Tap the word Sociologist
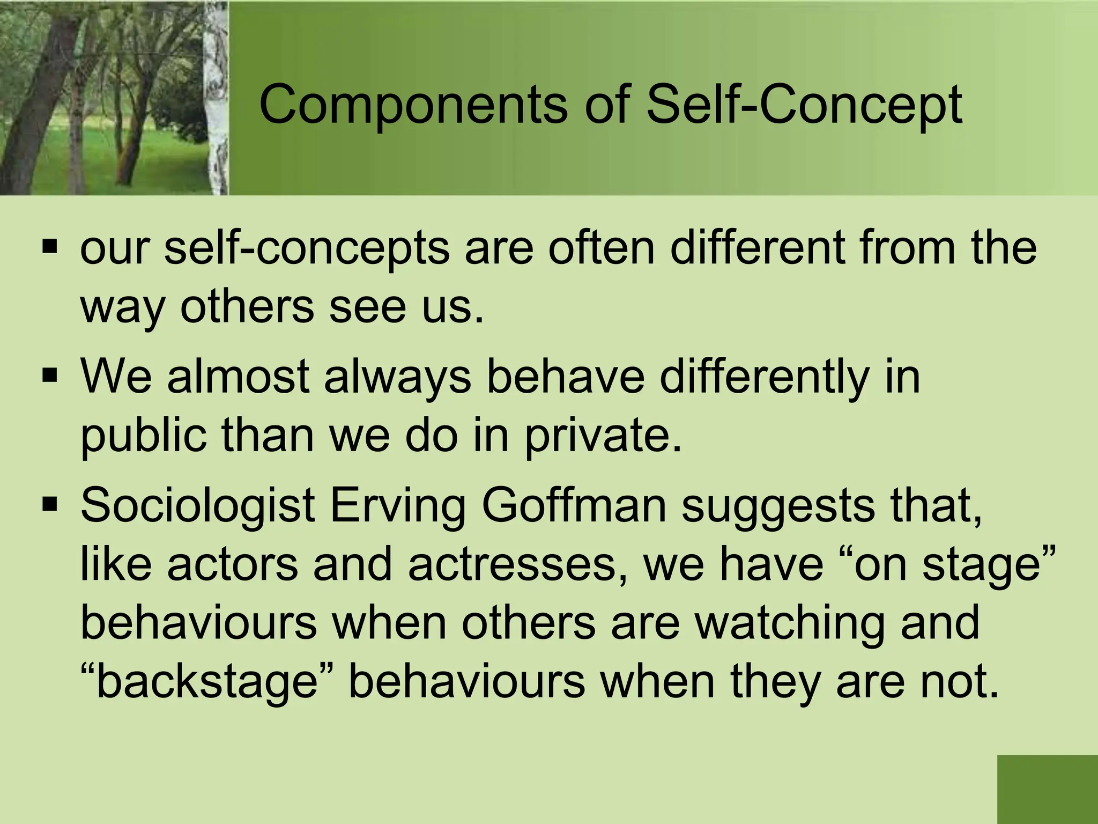[197, 507]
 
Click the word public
[143, 436]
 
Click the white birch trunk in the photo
[217, 97]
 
